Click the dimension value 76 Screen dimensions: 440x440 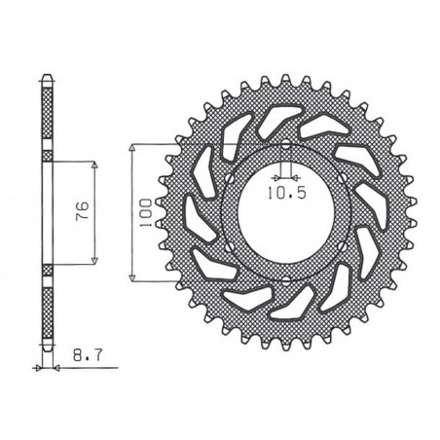point(83,210)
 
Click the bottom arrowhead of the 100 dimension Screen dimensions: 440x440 point(132,275)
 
